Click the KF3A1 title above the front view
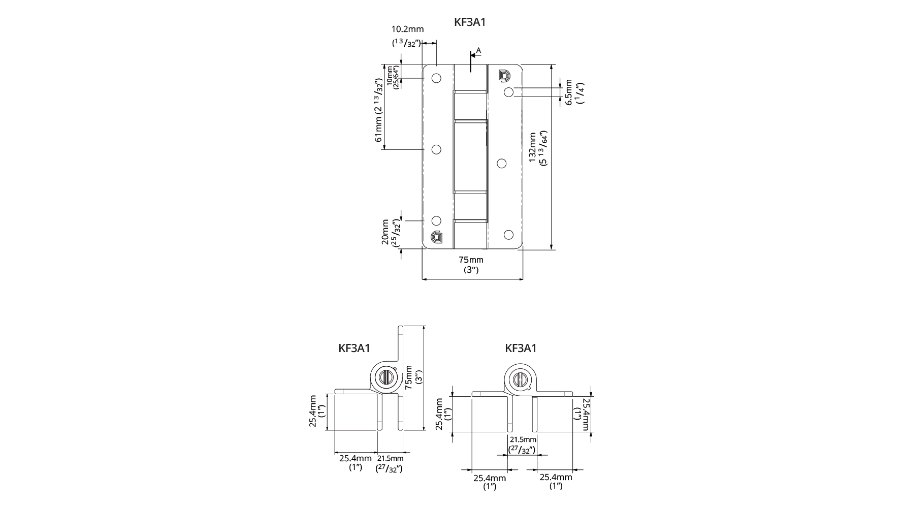point(470,22)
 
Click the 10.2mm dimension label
point(407,29)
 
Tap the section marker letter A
point(478,51)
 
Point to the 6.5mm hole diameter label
point(569,92)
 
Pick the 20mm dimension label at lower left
point(385,232)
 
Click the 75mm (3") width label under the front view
point(471,264)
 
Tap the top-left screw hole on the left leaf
point(436,78)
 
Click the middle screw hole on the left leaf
point(436,149)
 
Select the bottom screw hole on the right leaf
point(508,235)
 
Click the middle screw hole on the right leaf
point(502,163)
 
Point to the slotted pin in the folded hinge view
point(385,377)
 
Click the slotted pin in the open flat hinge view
point(520,379)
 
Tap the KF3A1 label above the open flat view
point(521,348)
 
